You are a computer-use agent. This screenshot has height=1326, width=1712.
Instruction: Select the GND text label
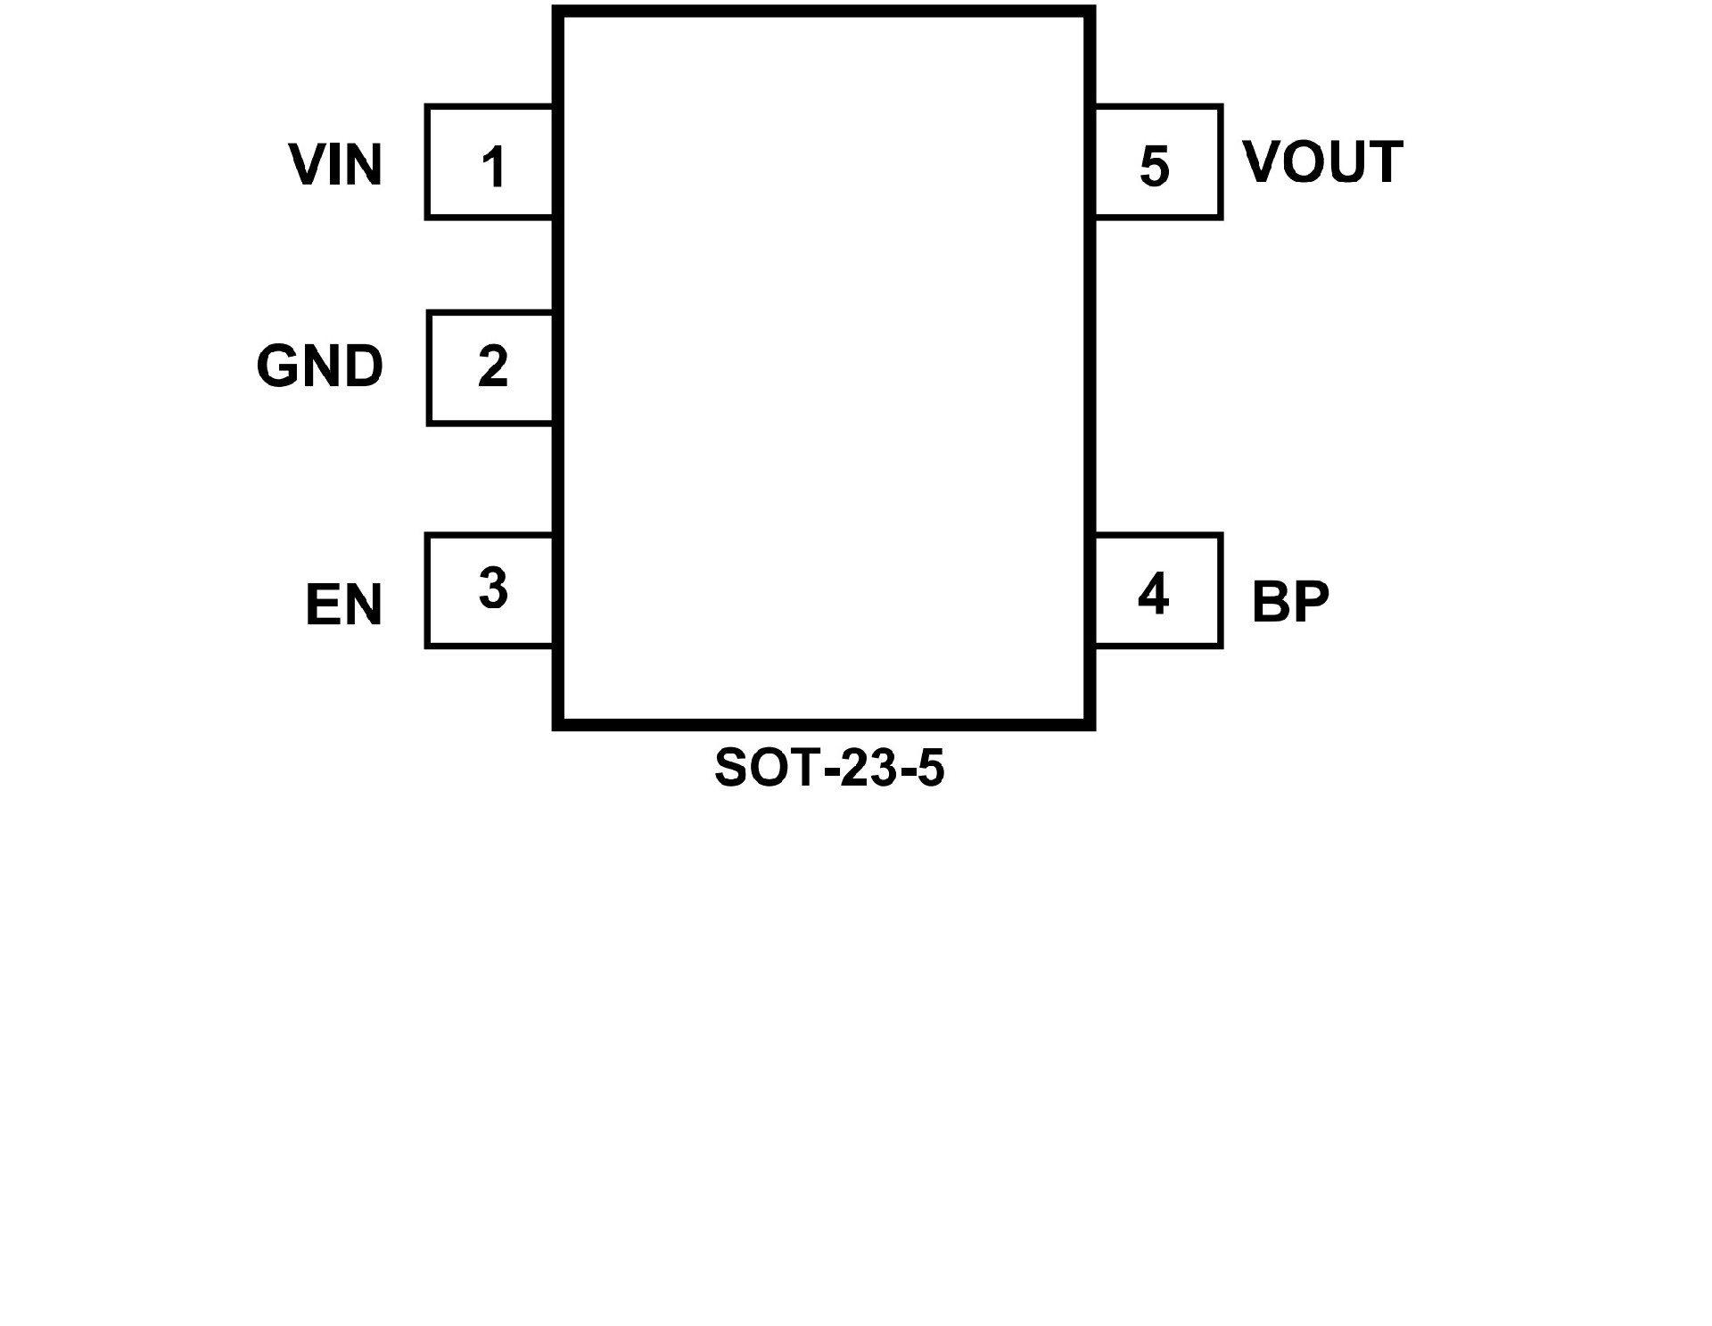[319, 366]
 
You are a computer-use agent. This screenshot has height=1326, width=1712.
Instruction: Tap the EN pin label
[343, 605]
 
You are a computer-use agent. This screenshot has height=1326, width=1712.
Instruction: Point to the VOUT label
[1322, 162]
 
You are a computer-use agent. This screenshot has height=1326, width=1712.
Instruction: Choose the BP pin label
[1290, 601]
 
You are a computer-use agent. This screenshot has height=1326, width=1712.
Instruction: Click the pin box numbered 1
[490, 162]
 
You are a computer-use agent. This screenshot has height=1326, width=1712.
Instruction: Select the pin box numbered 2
[490, 367]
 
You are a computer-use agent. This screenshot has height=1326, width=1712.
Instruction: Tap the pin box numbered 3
[490, 590]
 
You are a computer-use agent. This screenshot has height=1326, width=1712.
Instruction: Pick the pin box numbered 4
[1157, 590]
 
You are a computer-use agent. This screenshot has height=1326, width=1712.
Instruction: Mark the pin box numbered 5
[1157, 162]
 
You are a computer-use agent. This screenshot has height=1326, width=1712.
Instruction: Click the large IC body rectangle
[824, 367]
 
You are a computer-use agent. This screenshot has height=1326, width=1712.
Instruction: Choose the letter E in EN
[322, 605]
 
